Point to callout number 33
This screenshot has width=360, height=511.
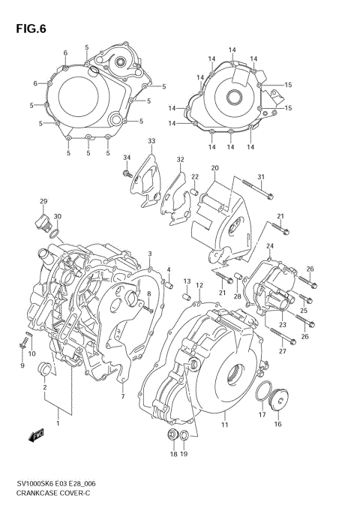tap(151, 142)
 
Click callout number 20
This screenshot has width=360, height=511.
tap(214, 167)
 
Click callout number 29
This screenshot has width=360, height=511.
tap(43, 201)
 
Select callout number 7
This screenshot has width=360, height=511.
tap(122, 397)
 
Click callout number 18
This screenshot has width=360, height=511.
tap(173, 455)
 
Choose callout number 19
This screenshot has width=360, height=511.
tap(185, 455)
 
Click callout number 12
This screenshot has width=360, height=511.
tap(199, 285)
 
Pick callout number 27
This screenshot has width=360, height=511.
tap(283, 351)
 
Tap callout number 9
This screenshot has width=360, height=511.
tap(22, 365)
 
